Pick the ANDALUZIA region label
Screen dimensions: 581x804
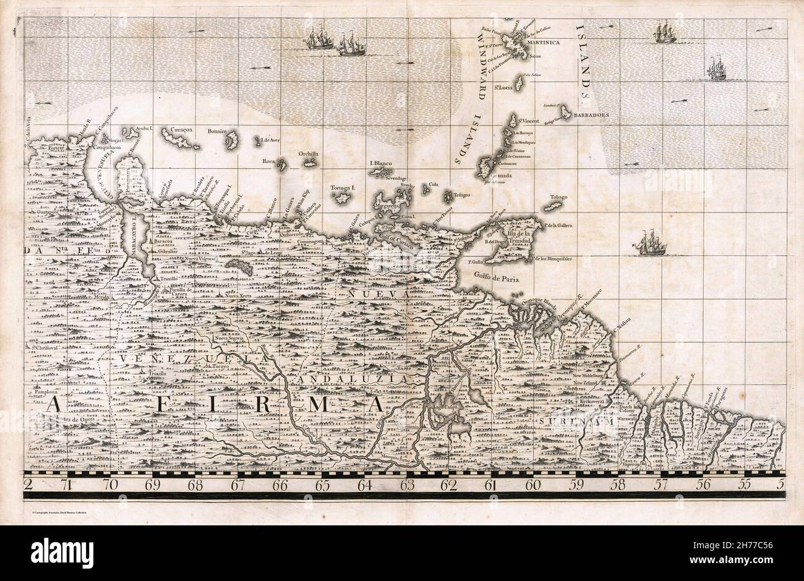(x=344, y=376)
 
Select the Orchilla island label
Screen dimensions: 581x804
(x=308, y=154)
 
